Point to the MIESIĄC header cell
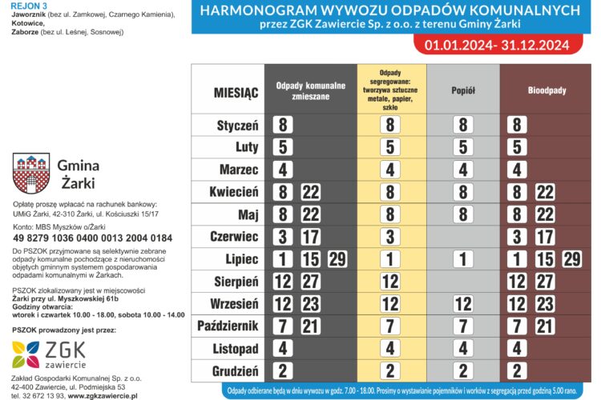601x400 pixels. click(x=236, y=93)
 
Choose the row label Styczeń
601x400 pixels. click(x=237, y=126)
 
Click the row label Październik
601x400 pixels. click(x=228, y=326)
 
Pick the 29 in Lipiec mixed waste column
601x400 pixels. click(x=337, y=259)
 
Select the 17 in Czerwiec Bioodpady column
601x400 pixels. click(x=545, y=237)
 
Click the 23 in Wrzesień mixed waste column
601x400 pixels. click(x=310, y=304)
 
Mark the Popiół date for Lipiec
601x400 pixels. click(x=462, y=259)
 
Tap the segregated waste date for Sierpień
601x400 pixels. click(x=390, y=282)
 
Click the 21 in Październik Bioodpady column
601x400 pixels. click(x=545, y=326)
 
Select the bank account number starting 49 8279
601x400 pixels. click(x=92, y=238)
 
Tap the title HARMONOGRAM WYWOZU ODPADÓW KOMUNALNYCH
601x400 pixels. click(x=389, y=10)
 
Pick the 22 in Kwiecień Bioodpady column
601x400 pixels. click(x=545, y=192)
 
